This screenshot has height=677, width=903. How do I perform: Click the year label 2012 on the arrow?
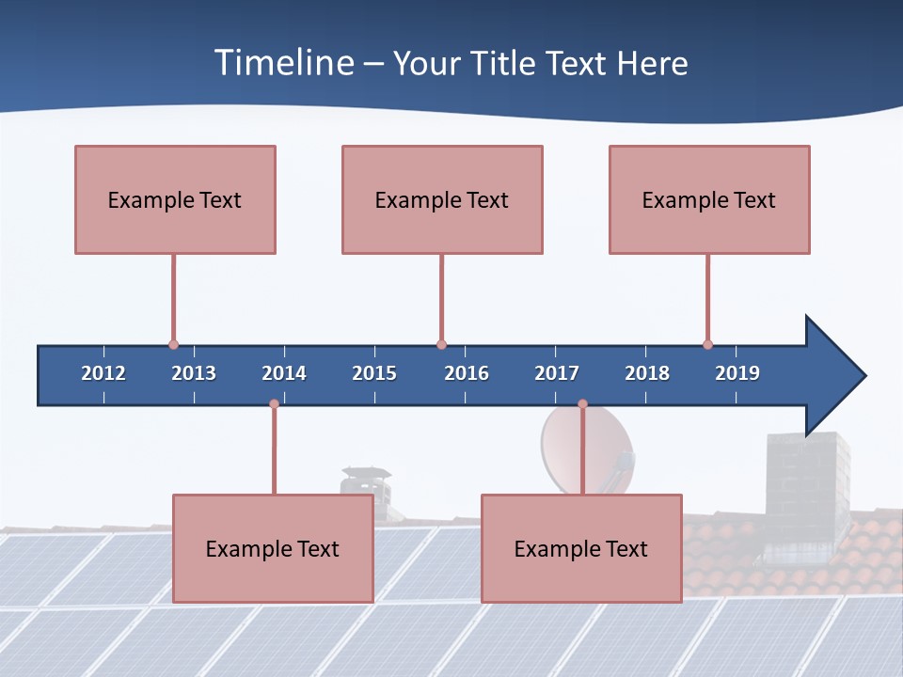pos(103,373)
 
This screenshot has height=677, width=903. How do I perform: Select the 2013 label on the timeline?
pos(194,373)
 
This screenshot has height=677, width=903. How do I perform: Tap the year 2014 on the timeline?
pos(284,373)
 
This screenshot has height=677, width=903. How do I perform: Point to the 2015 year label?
pos(374,373)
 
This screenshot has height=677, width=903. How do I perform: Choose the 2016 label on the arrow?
pos(467,373)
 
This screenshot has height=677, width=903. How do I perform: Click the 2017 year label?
pos(557,373)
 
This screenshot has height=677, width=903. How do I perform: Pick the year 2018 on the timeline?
pos(647,373)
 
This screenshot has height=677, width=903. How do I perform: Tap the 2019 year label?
pos(737,373)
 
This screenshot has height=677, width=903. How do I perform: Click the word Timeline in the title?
pos(284,63)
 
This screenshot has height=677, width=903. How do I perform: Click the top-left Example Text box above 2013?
pos(175,199)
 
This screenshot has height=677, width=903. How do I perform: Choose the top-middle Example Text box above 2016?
pos(442,199)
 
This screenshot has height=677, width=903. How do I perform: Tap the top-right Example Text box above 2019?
pos(709,199)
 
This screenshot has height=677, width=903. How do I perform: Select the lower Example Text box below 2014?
pos(273,548)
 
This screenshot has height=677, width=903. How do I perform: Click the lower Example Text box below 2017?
pos(581,548)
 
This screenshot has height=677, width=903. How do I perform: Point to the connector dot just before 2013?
pos(173,344)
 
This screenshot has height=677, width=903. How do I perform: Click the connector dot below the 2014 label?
pos(274,404)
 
